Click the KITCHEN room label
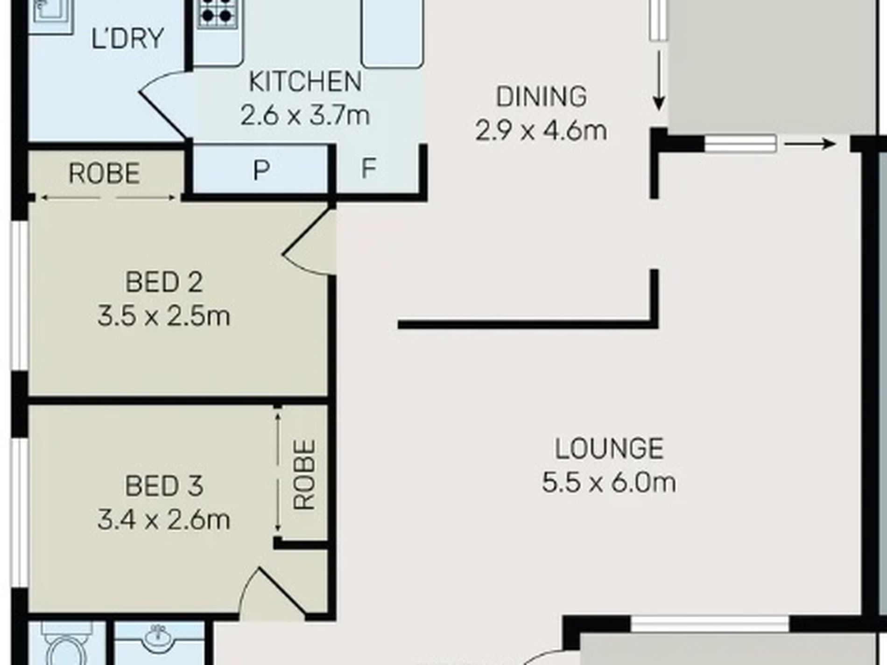305,82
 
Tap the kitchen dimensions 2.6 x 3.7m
305,115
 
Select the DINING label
542,97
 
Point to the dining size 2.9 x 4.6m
542,131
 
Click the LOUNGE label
609,448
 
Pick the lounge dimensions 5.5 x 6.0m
609,482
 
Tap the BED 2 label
164,282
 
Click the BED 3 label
164,486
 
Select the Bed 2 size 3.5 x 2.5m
164,316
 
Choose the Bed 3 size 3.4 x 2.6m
164,520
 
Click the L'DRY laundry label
127,38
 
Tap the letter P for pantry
261,169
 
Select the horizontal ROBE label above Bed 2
104,174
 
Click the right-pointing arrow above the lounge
810,144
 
